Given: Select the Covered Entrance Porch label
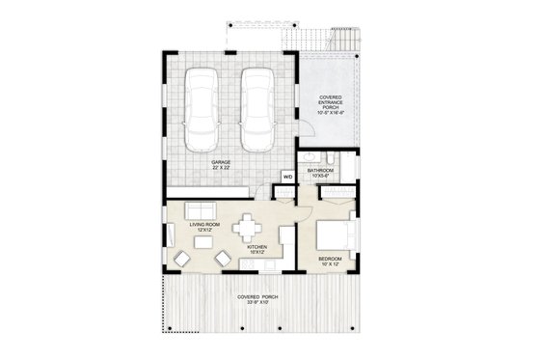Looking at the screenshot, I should (330, 103).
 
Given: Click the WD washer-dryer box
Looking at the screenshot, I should (287, 177).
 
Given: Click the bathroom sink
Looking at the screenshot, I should (331, 157).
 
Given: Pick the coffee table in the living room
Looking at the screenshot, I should (203, 244).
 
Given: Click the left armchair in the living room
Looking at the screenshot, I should (183, 258).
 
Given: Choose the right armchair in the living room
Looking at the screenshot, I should (224, 258).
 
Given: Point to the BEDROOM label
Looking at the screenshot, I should (331, 263).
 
